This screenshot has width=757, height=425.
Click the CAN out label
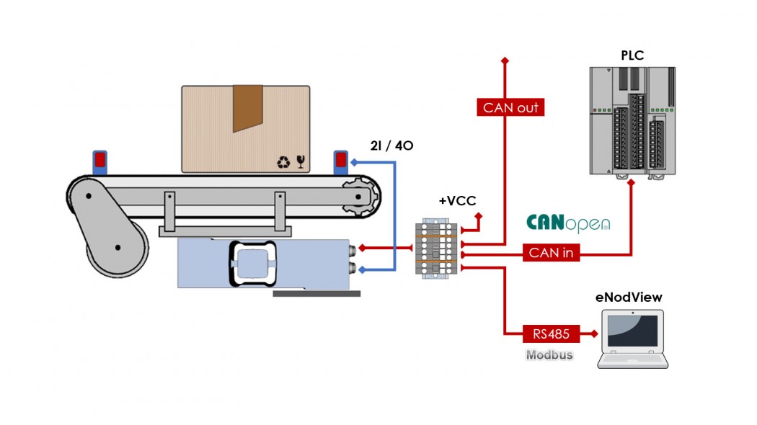[510, 108]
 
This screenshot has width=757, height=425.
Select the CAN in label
[551, 253]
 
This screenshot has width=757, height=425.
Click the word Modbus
[549, 354]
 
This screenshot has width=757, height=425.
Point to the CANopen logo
[568, 223]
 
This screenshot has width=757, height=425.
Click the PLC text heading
[632, 55]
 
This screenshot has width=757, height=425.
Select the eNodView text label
[629, 297]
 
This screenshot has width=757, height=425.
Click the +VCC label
[457, 200]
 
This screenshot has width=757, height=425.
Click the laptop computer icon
[632, 339]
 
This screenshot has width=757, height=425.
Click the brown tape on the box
[247, 108]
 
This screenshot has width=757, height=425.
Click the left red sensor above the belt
[99, 162]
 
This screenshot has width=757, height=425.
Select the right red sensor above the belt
[340, 162]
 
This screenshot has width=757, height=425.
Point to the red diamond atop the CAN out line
[505, 61]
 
